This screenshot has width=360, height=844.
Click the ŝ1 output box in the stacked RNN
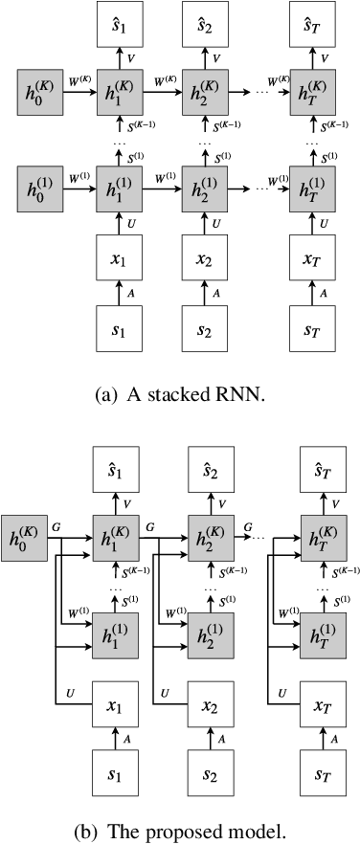117,27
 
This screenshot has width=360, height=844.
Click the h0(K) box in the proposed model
25,534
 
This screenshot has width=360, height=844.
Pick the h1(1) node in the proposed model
117,627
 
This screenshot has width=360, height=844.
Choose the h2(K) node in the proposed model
210,534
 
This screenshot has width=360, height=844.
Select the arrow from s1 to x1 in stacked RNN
117,292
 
